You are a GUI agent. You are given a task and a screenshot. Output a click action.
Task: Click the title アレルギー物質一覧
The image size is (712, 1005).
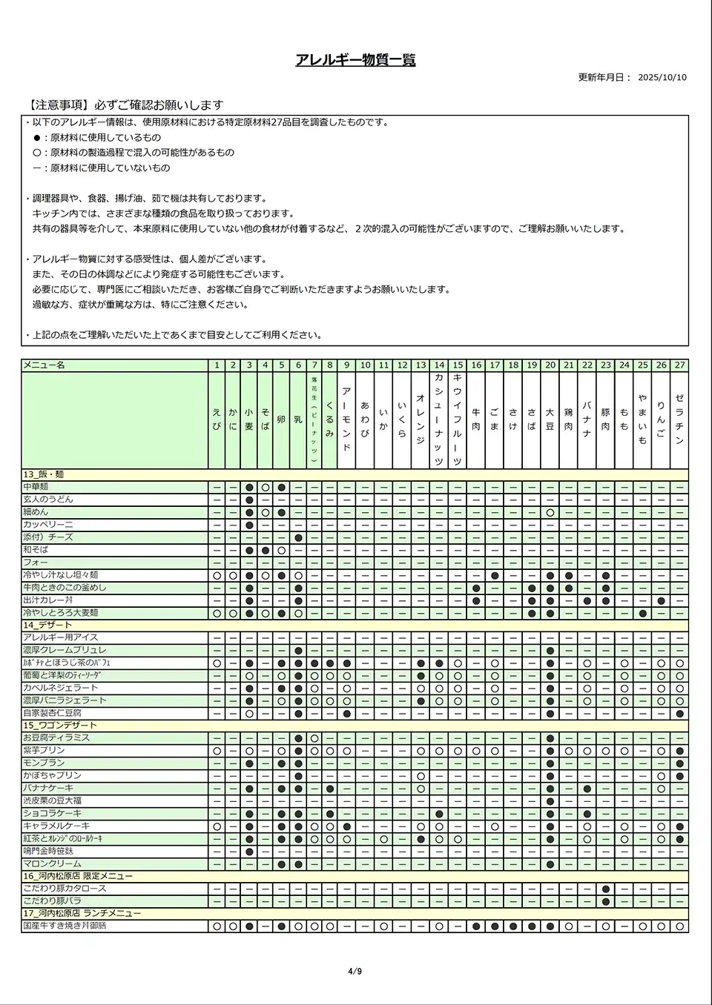click(x=355, y=60)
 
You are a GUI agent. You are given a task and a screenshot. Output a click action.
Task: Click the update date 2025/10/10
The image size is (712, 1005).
click(x=662, y=77)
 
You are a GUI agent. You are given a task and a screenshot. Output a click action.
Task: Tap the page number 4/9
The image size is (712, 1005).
click(x=355, y=972)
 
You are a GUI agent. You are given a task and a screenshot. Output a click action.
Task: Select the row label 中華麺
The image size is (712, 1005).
click(x=36, y=487)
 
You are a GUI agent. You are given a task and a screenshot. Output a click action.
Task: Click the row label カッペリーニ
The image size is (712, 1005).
click(x=47, y=525)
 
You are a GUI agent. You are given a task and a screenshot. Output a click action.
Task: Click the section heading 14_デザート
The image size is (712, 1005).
click(x=47, y=625)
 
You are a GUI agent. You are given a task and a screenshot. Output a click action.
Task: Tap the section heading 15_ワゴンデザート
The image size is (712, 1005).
click(x=59, y=725)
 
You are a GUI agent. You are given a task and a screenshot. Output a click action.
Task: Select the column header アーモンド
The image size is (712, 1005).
click(x=346, y=419)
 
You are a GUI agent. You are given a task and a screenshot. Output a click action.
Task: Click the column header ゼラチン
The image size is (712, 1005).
click(x=679, y=419)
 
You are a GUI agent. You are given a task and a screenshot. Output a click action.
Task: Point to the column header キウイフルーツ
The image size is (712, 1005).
click(x=458, y=419)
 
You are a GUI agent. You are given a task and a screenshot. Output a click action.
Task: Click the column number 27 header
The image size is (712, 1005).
click(x=679, y=365)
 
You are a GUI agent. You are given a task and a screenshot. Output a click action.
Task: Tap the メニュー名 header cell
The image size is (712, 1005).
click(x=44, y=365)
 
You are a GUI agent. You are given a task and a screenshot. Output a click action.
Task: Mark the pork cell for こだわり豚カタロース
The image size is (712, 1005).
click(x=606, y=889)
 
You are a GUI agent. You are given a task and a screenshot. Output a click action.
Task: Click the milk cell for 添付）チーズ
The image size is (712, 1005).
click(x=298, y=537)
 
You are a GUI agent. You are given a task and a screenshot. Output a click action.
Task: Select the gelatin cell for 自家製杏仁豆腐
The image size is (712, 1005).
click(x=679, y=713)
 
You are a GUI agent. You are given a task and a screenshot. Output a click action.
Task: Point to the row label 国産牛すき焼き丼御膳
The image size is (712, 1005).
click(x=70, y=926)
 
